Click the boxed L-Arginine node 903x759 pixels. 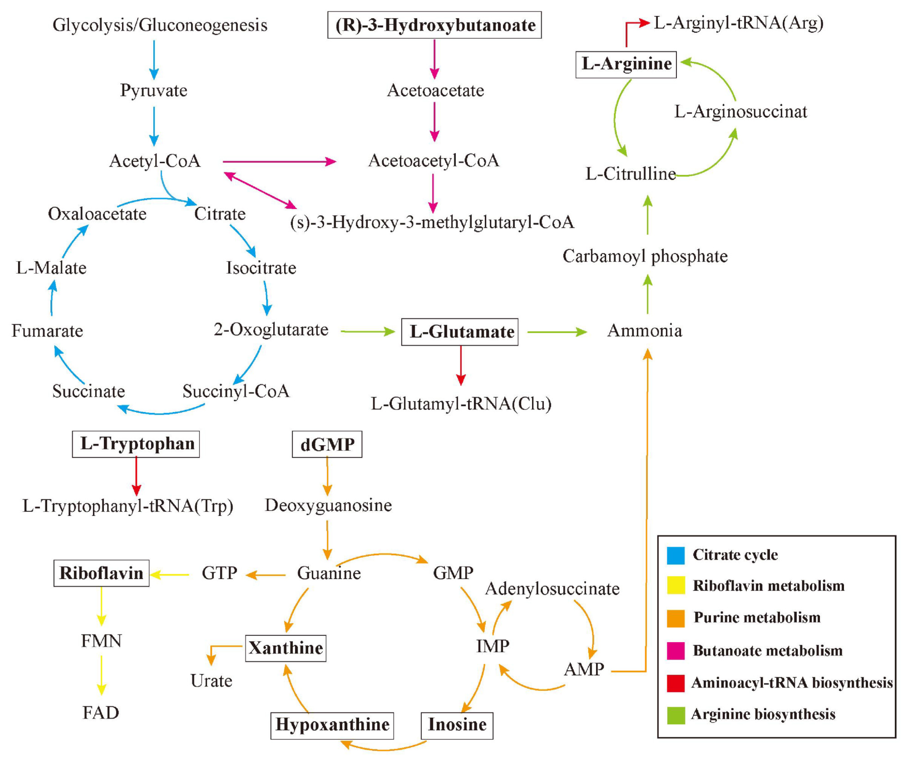tap(626, 64)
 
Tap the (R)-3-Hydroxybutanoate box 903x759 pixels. tap(435, 25)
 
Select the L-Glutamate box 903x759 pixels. tap(460, 332)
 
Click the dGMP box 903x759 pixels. tap(327, 444)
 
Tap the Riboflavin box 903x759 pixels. tap(101, 573)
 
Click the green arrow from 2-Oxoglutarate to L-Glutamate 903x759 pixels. tap(368, 331)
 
